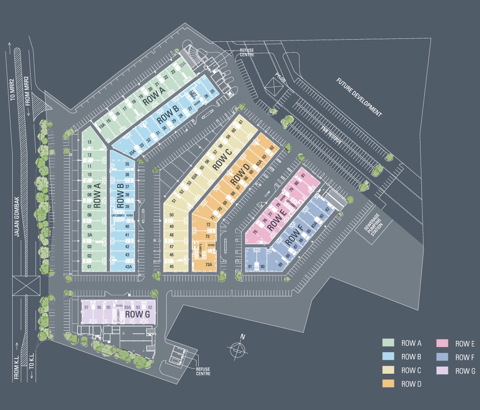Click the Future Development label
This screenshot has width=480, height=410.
click(359, 97)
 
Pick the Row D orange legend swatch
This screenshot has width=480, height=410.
click(388, 383)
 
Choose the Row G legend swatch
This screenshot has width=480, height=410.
click(442, 370)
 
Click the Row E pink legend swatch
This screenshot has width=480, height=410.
click(442, 343)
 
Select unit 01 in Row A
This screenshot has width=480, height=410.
click(89, 266)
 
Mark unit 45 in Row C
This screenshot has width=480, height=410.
click(172, 266)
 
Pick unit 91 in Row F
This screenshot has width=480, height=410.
click(250, 266)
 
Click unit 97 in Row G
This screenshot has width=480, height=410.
click(86, 307)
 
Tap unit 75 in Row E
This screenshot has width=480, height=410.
click(255, 232)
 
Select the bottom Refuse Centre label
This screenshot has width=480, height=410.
click(203, 371)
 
